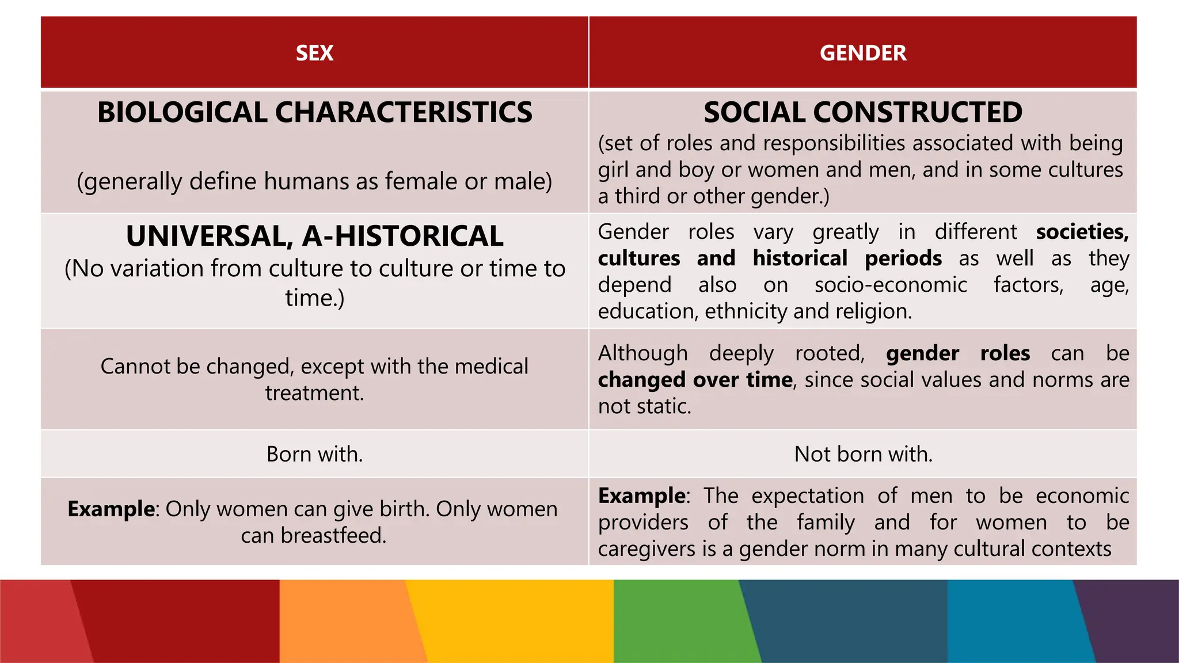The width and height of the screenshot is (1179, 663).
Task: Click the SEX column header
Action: point(314,53)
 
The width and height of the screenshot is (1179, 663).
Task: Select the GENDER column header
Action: point(862,53)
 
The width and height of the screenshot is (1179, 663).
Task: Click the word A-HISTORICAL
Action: point(403,237)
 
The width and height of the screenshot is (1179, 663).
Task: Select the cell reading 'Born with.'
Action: point(314,454)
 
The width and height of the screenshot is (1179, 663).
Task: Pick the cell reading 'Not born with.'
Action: point(862,454)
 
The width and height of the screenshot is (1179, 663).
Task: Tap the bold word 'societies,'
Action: point(1082,232)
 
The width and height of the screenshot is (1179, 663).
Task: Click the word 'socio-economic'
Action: point(890,285)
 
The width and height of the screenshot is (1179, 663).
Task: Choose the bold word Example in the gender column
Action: point(641,496)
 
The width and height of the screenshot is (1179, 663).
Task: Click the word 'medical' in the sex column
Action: point(491,367)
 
